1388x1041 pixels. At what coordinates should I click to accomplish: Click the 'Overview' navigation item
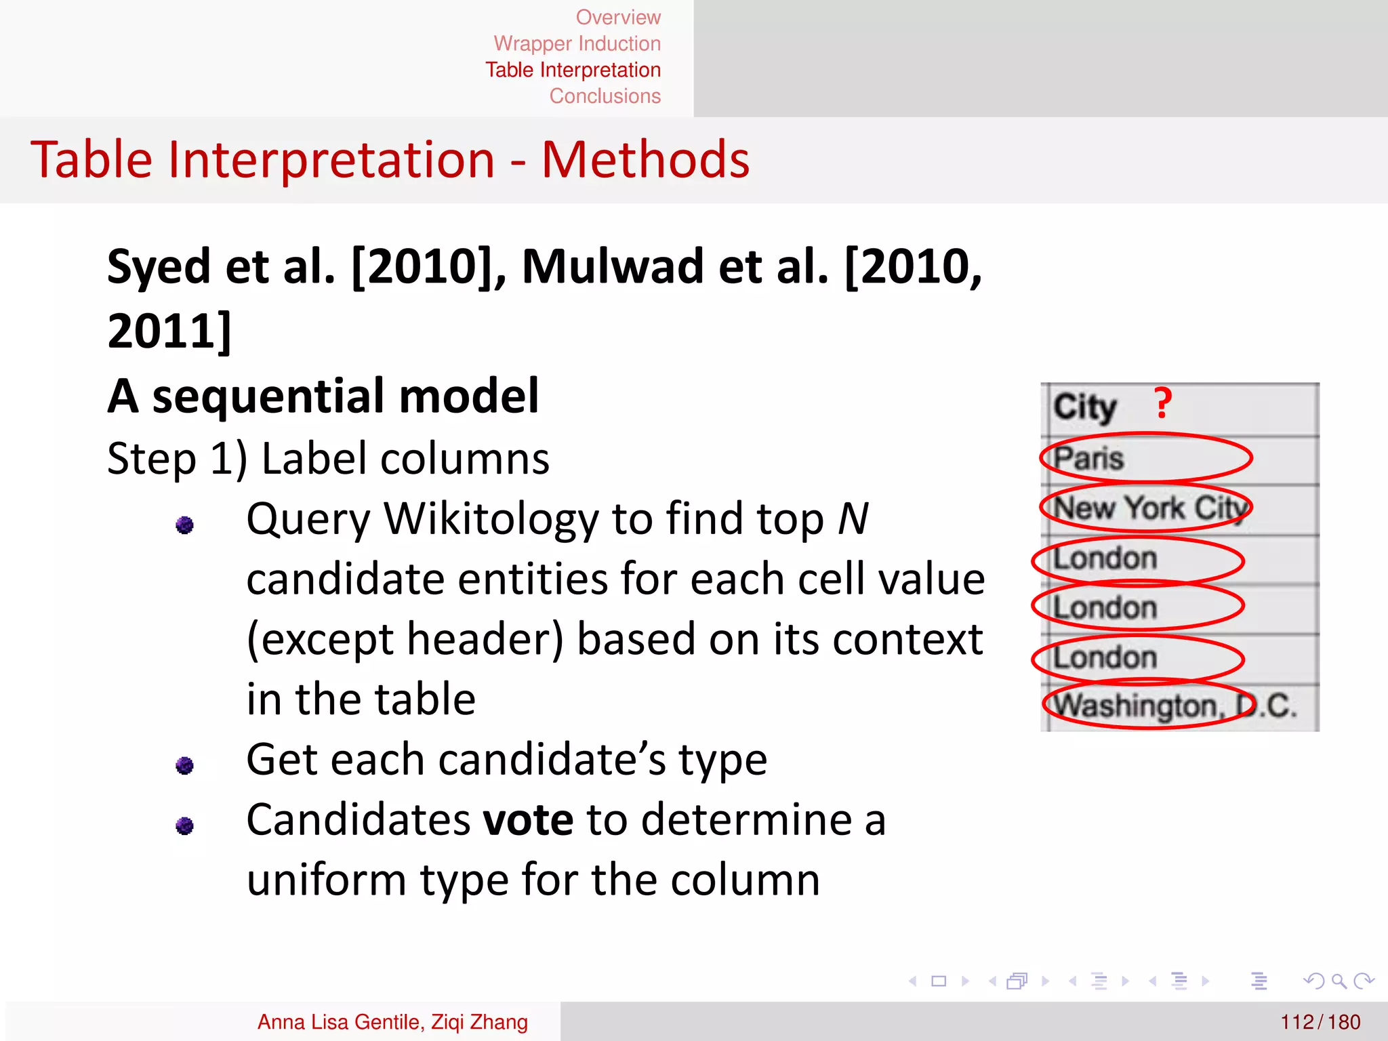(x=617, y=17)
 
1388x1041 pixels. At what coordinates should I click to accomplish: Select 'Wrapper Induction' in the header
(x=577, y=43)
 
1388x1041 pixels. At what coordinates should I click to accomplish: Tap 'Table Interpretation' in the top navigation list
(x=573, y=70)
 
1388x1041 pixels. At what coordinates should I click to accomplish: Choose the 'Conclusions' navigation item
(x=605, y=96)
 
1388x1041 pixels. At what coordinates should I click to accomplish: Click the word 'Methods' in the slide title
(x=645, y=160)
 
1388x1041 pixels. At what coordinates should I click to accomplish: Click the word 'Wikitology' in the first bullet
(x=491, y=519)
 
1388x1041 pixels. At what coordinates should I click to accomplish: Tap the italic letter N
(x=853, y=519)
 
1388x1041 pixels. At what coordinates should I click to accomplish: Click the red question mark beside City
(x=1162, y=404)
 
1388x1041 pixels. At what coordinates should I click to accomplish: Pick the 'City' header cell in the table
(x=1084, y=407)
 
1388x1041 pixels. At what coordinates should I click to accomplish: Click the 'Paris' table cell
(x=1088, y=458)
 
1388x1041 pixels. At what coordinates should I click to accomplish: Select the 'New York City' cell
(x=1150, y=508)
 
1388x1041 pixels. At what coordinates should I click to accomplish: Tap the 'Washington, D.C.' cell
(x=1175, y=706)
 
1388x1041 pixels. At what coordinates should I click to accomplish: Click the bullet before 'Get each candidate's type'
(x=184, y=765)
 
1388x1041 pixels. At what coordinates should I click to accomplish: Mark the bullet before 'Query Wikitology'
(x=184, y=525)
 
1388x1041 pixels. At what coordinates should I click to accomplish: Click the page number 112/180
(x=1320, y=1021)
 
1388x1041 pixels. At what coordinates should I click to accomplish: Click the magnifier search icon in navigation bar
(x=1339, y=981)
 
